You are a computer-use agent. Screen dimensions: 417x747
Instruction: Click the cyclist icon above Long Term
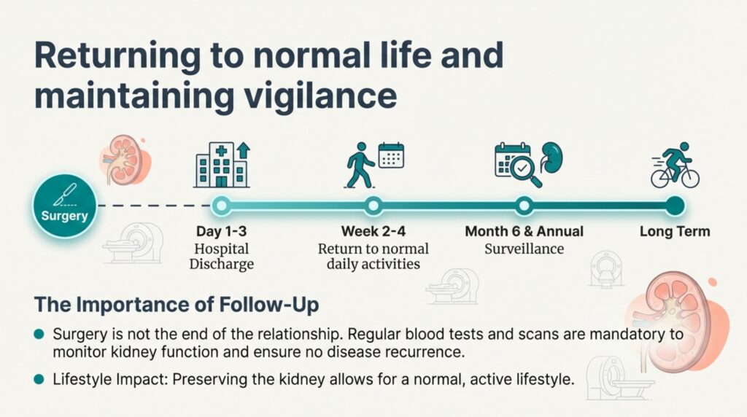point(675,165)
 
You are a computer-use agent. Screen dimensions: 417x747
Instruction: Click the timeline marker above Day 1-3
point(220,206)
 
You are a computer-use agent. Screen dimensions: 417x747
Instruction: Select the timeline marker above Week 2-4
point(373,206)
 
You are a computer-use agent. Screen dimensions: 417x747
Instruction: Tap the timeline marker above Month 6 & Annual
point(523,206)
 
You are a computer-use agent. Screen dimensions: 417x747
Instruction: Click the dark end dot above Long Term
point(675,206)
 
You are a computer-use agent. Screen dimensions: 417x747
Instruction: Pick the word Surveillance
point(524,249)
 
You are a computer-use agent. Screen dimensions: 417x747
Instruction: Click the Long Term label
point(675,232)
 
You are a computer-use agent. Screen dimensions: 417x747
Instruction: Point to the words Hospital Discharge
point(221,257)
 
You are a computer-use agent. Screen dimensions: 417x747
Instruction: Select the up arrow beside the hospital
point(243,153)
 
